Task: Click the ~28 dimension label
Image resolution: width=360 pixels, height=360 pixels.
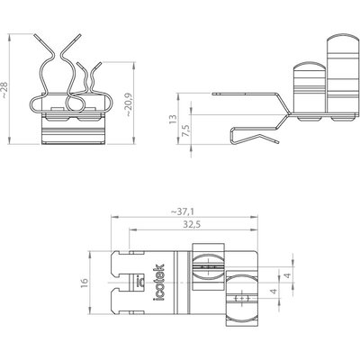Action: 5,89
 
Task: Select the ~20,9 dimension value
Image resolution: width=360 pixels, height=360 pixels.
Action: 129,104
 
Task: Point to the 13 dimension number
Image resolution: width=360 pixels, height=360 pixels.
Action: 173,119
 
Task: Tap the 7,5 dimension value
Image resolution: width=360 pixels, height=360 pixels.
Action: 186,131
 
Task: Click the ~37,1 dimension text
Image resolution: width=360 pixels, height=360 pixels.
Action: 183,211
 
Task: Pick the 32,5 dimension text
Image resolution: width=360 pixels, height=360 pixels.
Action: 192,224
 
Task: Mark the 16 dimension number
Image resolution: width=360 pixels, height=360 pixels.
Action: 85,282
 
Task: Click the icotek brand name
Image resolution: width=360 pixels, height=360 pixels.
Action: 158,283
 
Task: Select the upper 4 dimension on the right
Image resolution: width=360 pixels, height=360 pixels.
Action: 288,275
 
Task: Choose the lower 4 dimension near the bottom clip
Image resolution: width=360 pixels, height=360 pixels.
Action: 274,292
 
